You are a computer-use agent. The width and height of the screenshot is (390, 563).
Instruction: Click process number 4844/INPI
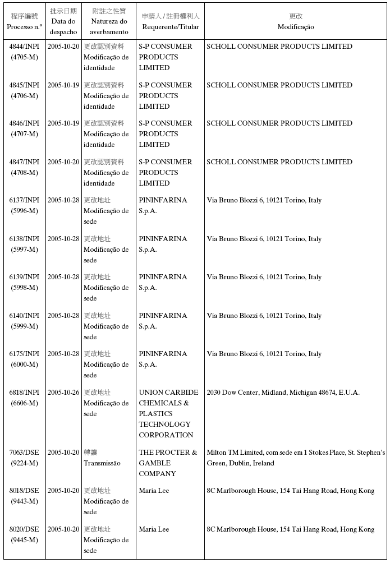click(24, 47)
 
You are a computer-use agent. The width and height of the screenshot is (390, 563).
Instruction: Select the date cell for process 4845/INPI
click(63, 85)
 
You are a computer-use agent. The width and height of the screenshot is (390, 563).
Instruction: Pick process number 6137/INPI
click(24, 200)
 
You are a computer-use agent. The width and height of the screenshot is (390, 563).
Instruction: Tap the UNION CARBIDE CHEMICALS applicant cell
click(168, 413)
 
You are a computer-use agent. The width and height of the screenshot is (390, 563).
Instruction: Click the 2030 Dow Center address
click(283, 393)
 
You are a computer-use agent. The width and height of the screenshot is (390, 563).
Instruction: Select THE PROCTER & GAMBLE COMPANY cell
click(168, 463)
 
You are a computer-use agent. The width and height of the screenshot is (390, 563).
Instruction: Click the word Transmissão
click(102, 463)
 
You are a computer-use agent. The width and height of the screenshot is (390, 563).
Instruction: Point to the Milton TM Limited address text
click(296, 458)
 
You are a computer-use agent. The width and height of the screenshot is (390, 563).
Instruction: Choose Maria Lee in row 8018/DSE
click(154, 491)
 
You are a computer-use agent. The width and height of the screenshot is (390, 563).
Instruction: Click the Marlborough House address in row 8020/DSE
click(290, 529)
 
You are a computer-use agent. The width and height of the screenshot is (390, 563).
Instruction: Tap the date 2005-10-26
click(63, 393)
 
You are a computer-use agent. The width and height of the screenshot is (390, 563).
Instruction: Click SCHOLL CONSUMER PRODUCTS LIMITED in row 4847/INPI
click(279, 162)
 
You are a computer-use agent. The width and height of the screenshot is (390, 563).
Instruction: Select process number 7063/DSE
click(24, 453)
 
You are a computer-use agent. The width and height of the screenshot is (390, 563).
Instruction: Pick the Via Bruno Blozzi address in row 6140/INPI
click(264, 316)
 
